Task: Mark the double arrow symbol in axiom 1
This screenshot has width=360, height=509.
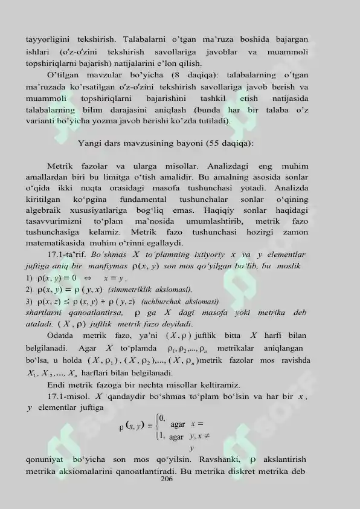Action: pos(87,279)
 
